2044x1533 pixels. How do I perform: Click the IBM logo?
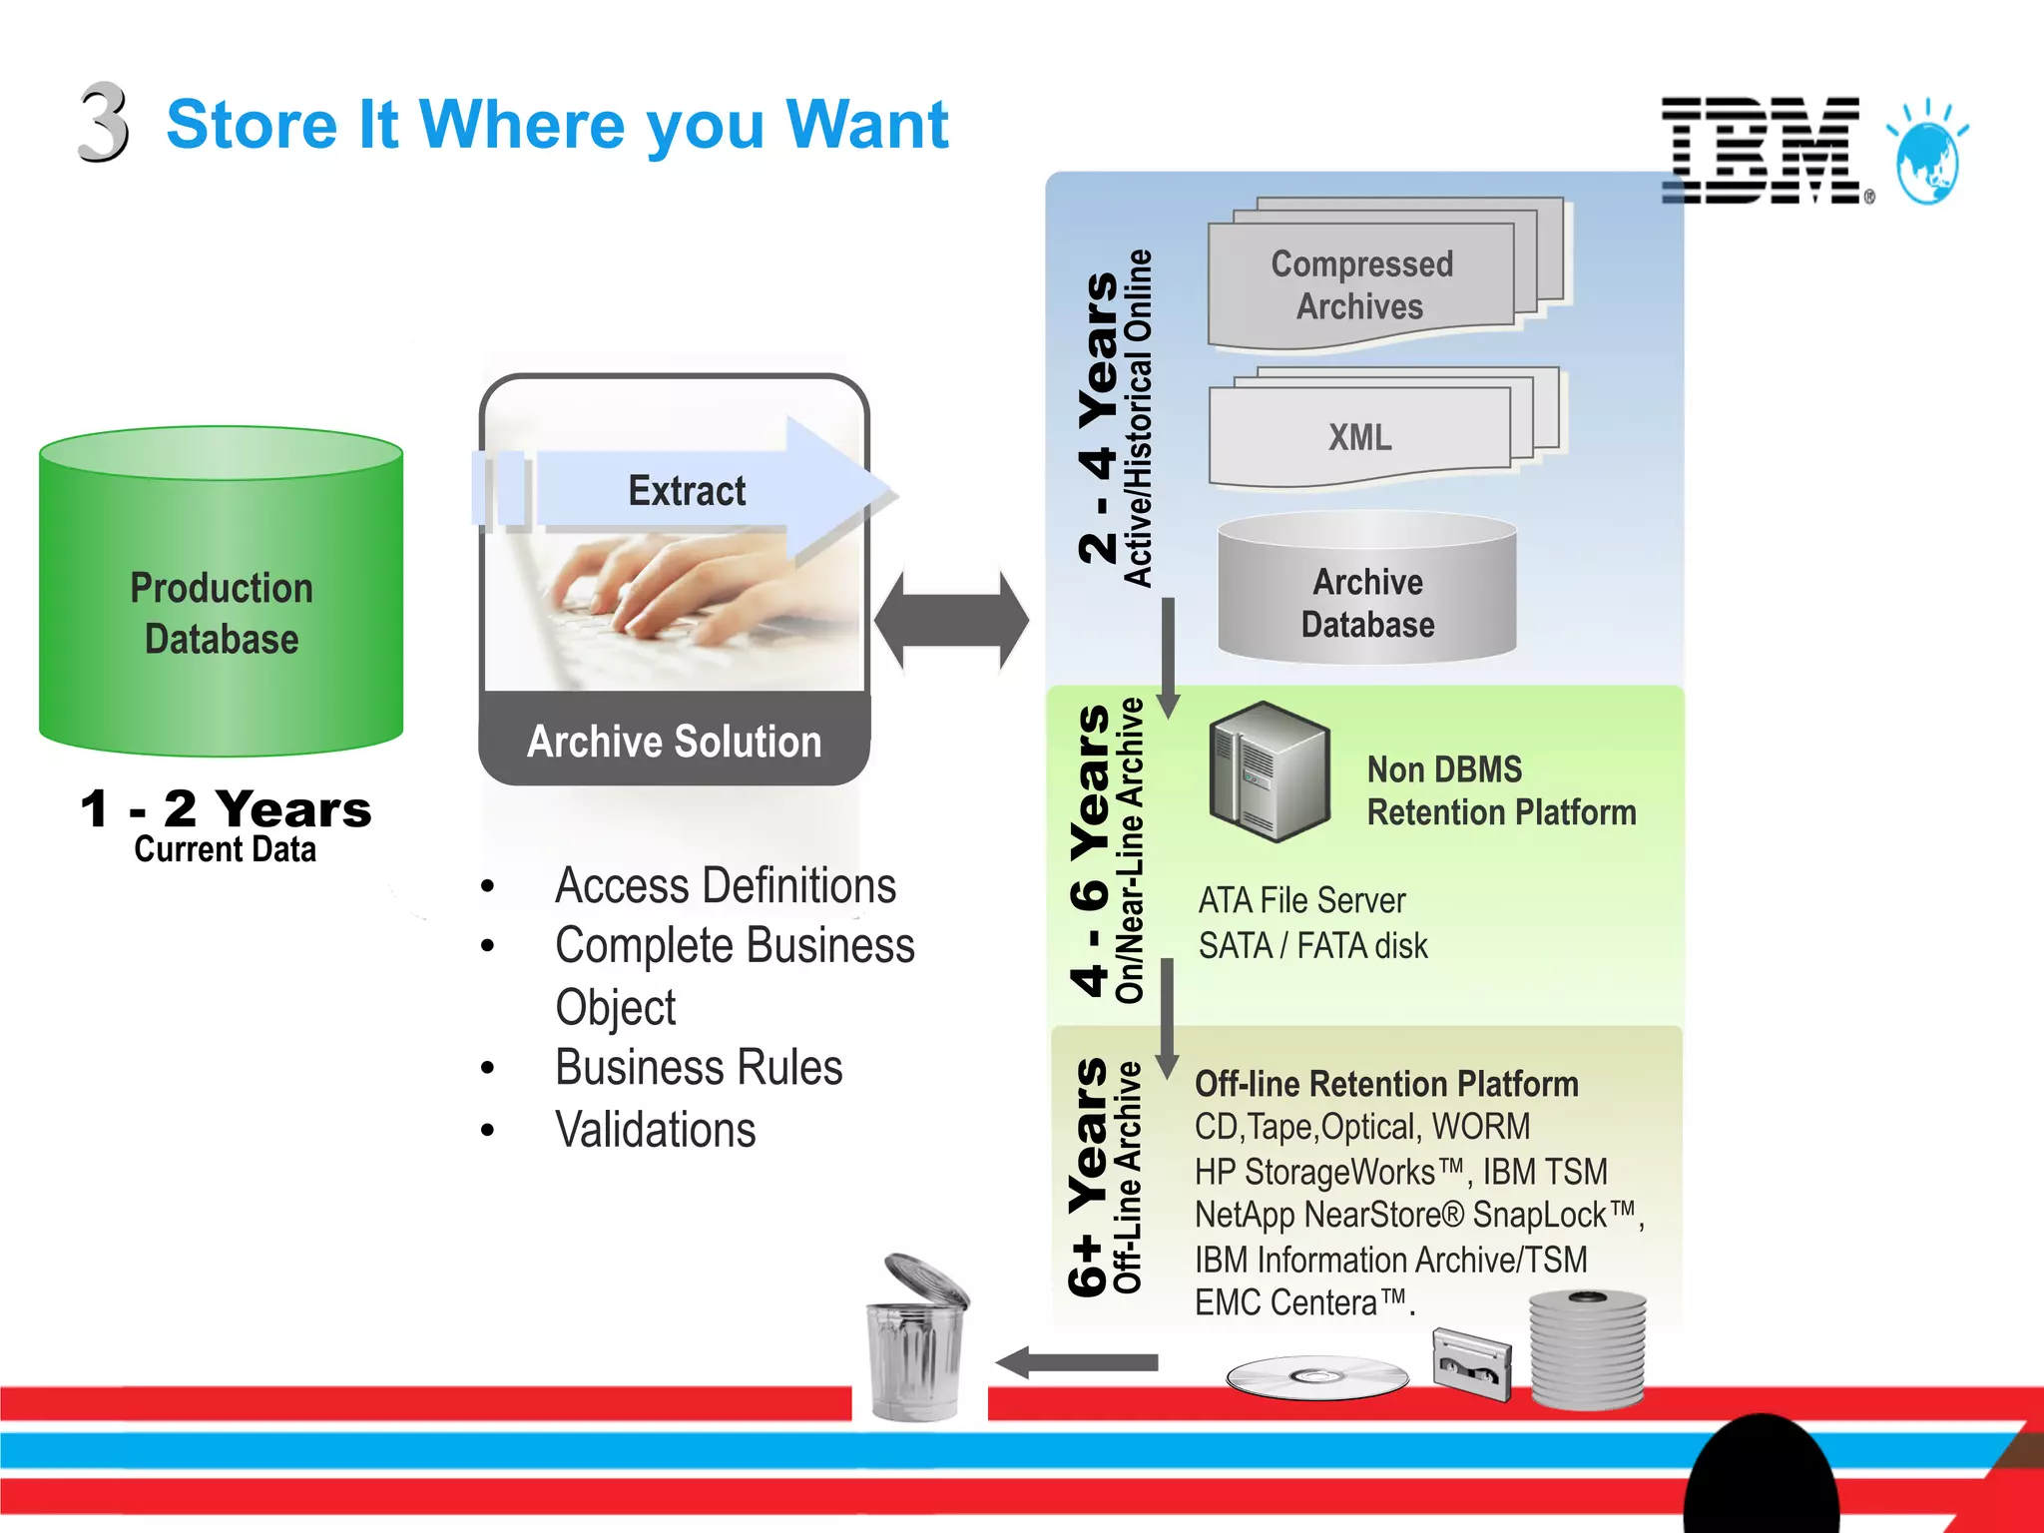coord(1762,151)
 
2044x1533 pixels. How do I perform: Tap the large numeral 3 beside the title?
coord(104,123)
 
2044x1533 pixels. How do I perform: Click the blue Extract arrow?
coord(689,489)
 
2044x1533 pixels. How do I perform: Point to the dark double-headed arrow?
coord(951,620)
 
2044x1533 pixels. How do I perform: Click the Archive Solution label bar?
coord(675,741)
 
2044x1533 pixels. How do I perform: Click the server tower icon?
coord(1269,771)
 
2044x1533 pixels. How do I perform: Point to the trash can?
coord(917,1337)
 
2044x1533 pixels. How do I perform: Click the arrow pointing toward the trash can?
coord(1078,1362)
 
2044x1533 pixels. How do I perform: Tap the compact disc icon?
coord(1316,1377)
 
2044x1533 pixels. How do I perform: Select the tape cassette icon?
coord(1471,1363)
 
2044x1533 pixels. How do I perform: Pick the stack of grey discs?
coord(1587,1347)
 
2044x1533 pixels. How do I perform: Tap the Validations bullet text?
coord(656,1130)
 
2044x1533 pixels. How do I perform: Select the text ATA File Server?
coord(1301,900)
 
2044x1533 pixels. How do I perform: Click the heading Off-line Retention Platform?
coord(1386,1084)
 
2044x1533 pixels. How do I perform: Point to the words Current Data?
coord(226,849)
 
